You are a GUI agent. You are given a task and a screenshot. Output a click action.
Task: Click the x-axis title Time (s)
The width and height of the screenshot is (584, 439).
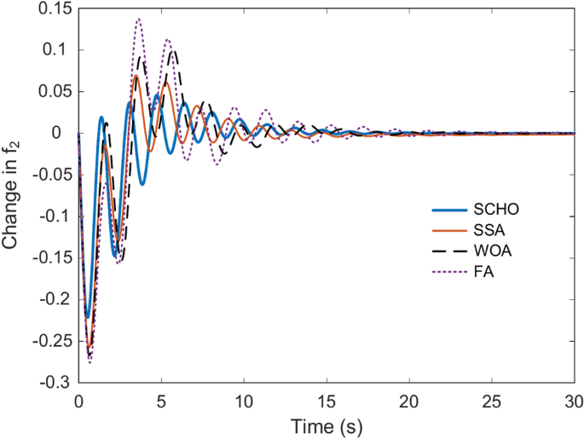click(327, 425)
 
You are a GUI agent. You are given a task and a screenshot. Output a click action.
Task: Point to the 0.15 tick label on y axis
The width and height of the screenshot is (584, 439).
click(53, 9)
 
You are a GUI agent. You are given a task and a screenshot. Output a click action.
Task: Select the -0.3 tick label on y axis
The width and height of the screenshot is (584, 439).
click(55, 384)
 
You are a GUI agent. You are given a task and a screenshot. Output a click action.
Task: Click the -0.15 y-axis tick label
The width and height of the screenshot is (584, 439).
click(50, 258)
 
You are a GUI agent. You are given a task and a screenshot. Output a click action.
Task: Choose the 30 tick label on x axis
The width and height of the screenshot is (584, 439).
click(575, 401)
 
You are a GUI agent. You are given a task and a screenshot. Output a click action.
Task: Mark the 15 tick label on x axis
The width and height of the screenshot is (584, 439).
click(327, 401)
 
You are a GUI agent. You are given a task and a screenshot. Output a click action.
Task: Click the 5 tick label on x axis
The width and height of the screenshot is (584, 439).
click(162, 401)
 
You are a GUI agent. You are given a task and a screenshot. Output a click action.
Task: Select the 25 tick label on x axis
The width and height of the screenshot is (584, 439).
click(493, 401)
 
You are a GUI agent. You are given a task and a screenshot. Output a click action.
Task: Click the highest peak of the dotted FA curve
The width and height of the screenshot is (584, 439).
click(139, 19)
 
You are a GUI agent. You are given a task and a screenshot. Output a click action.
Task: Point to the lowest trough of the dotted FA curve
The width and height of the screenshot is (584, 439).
click(90, 362)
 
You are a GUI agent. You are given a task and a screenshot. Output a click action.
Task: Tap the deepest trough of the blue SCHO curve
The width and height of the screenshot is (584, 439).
click(86, 317)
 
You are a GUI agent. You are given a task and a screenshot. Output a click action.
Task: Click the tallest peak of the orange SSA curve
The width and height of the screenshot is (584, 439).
click(136, 76)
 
